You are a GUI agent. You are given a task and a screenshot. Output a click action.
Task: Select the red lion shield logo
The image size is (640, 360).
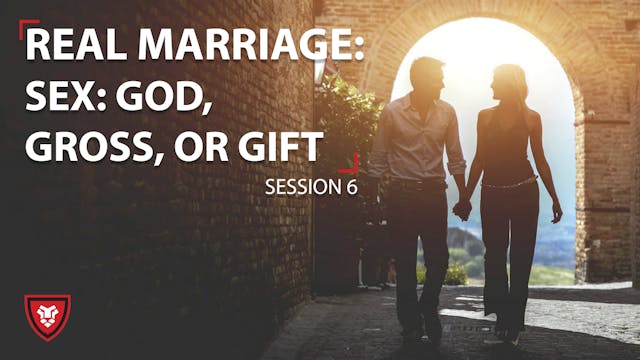(47, 316)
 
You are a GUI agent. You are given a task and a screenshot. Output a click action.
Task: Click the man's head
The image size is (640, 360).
(428, 77)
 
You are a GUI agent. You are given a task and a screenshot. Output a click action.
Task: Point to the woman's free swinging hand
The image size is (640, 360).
(556, 212)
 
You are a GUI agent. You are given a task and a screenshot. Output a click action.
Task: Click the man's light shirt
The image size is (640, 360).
(415, 135)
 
